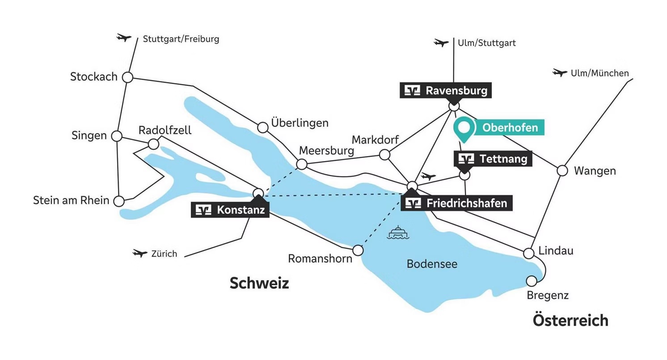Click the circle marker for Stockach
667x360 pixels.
pyautogui.click(x=128, y=77)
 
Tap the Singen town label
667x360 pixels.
pyautogui.click(x=89, y=136)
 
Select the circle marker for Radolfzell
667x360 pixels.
pyautogui.click(x=153, y=144)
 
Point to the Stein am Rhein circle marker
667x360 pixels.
pyautogui.click(x=119, y=201)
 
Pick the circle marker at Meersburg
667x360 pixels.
pyautogui.click(x=302, y=165)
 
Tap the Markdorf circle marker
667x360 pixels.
pyautogui.click(x=384, y=155)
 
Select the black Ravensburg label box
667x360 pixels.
pyautogui.click(x=445, y=91)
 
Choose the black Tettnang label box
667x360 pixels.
pyautogui.click(x=493, y=159)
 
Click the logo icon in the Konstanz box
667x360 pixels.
pyautogui.click(x=203, y=210)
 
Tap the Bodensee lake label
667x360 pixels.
pyautogui.click(x=432, y=264)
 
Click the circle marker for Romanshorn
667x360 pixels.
pyautogui.click(x=358, y=250)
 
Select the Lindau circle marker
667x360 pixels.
pyautogui.click(x=529, y=254)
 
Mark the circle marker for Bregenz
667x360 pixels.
pyautogui.click(x=532, y=281)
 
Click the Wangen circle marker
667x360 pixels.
pyautogui.click(x=562, y=170)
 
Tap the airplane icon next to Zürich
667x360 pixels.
pyautogui.click(x=140, y=254)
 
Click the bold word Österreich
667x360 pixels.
pyautogui.click(x=570, y=320)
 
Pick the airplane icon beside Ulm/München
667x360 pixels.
pyautogui.click(x=560, y=72)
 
